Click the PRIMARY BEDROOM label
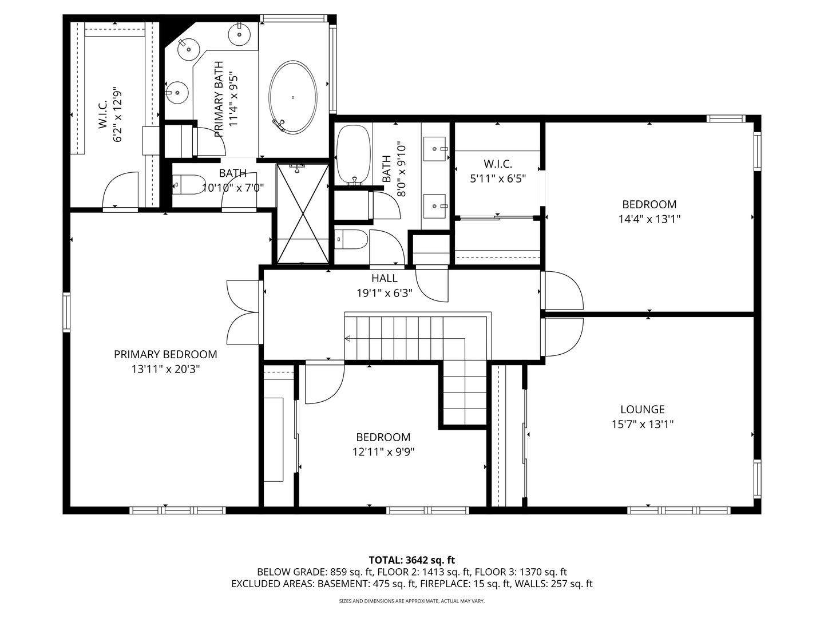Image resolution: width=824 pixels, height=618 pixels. [x=165, y=355]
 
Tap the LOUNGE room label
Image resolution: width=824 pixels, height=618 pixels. [x=643, y=410]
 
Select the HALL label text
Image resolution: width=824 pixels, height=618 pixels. [x=384, y=279]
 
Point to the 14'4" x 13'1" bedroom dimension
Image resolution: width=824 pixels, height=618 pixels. [x=649, y=219]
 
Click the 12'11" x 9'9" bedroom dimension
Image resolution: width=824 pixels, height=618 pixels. [x=383, y=452]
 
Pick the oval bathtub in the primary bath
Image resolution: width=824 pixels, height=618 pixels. [x=292, y=97]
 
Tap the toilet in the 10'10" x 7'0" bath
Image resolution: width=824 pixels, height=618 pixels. [x=188, y=184]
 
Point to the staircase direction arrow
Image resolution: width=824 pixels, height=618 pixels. [x=347, y=339]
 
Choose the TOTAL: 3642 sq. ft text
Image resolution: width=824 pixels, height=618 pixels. [x=411, y=560]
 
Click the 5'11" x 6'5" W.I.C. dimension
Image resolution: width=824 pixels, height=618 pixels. [x=497, y=179]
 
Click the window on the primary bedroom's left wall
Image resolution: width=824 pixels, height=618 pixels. [x=66, y=312]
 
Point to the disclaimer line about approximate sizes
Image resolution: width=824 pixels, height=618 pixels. [x=411, y=601]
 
